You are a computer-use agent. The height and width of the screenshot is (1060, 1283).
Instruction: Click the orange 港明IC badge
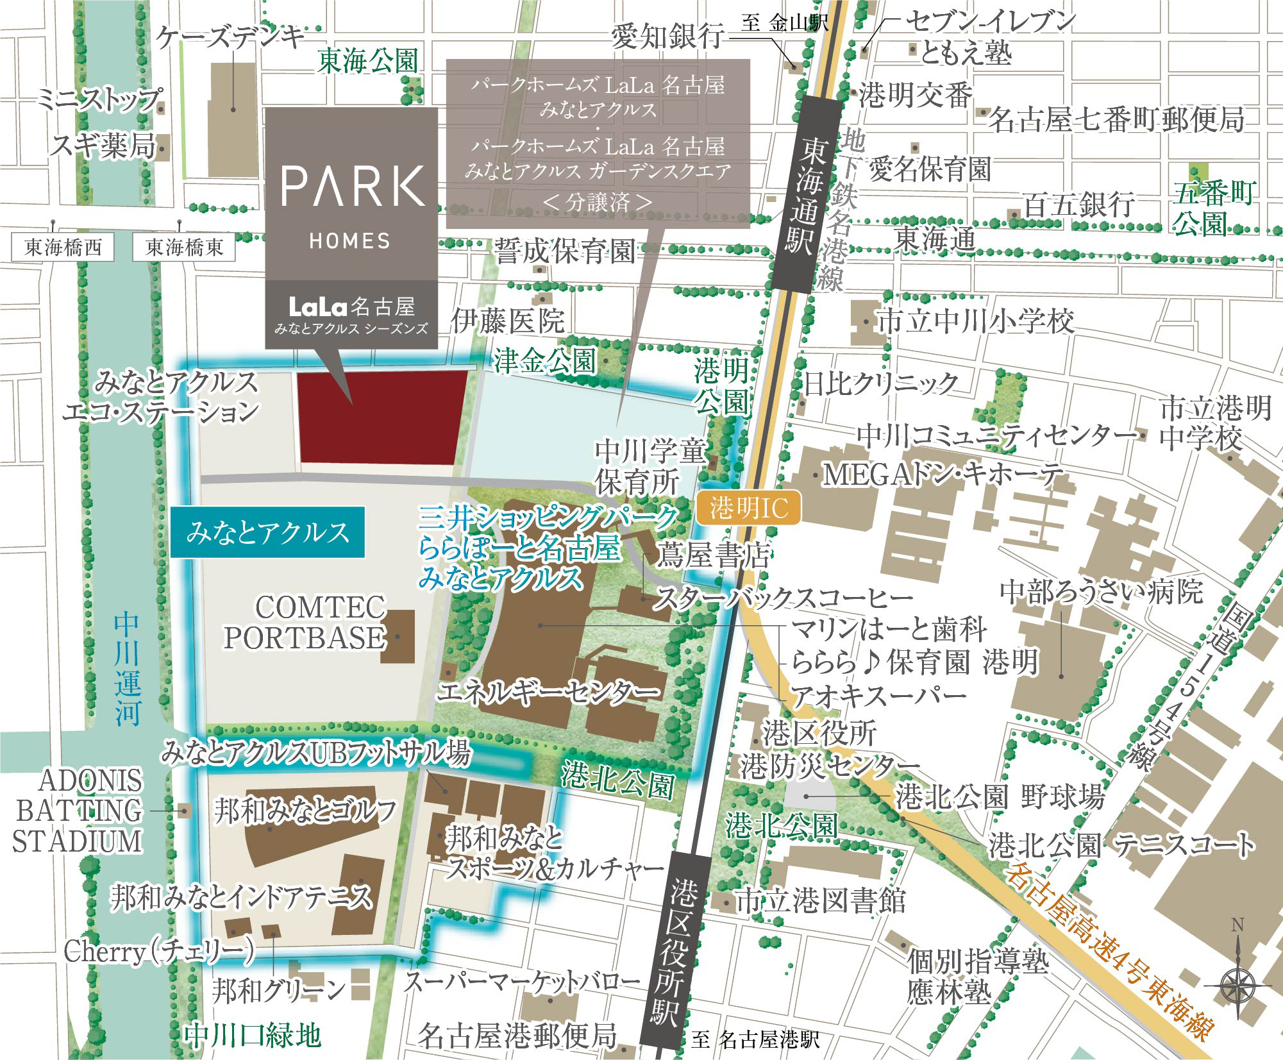tap(748, 509)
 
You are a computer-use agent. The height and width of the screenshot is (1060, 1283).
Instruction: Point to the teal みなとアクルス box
tap(268, 532)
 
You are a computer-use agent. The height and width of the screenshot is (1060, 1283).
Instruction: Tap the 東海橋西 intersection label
tap(62, 248)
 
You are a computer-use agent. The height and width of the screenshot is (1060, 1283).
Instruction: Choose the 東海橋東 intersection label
tap(183, 248)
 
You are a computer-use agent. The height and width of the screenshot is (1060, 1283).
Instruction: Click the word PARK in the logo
tap(351, 187)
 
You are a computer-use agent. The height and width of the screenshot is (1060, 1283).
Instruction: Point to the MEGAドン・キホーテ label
tap(942, 475)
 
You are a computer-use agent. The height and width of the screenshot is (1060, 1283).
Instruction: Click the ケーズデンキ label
tap(231, 37)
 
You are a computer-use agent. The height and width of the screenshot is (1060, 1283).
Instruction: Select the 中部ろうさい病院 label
tap(1100, 591)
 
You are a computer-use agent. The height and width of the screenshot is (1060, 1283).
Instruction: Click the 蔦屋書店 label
tap(712, 555)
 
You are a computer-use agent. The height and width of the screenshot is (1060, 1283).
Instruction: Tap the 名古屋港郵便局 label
tap(517, 1035)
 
